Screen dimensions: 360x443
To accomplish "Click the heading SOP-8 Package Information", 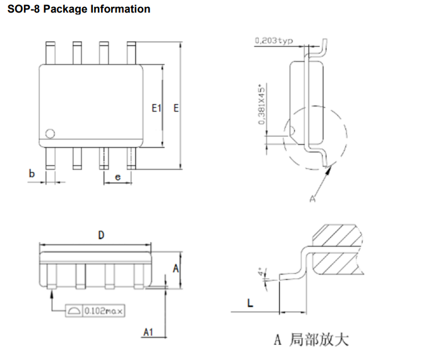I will click(78, 9).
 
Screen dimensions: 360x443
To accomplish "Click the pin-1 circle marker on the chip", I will click(50, 134).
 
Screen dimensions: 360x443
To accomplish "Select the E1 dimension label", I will click(157, 108).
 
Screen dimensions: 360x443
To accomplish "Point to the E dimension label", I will click(176, 108).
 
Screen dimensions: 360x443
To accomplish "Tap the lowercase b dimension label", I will click(32, 173).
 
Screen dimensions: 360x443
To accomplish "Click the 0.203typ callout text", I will click(274, 41).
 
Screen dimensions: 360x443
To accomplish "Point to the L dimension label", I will click(250, 304).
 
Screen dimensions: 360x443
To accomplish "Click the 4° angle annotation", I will click(261, 272).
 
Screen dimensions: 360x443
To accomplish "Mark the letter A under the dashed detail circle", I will click(311, 199).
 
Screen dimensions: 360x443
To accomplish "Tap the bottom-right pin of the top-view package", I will click(131, 158).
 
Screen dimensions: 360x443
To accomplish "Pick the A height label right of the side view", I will click(175, 267).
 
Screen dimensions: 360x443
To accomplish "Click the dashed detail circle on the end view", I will click(348, 136).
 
